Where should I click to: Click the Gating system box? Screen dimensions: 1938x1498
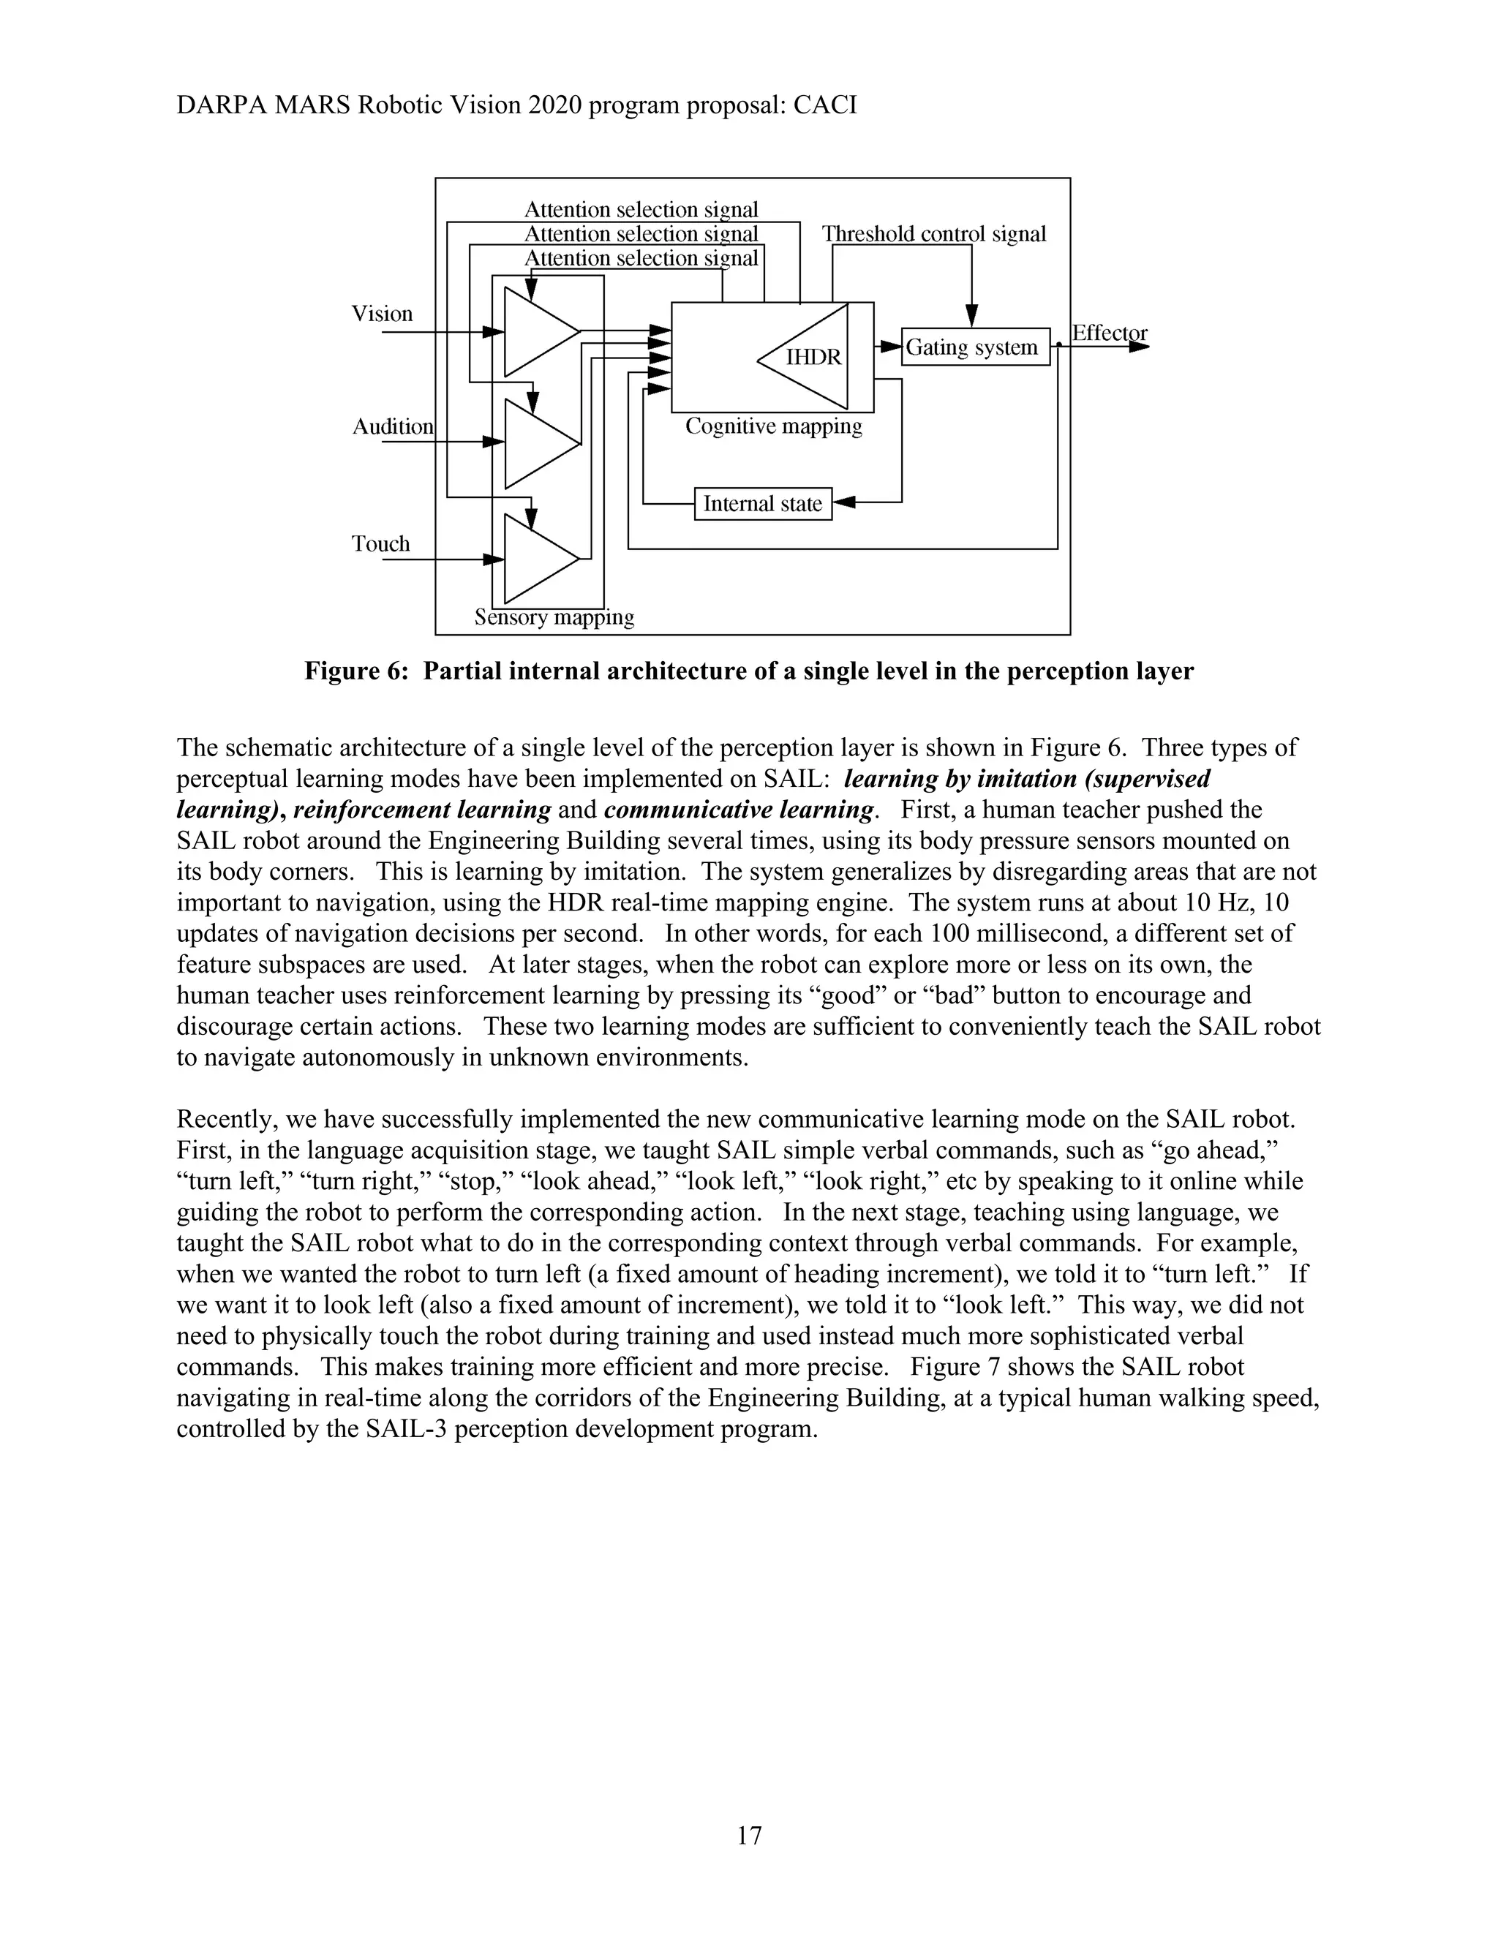tap(974, 347)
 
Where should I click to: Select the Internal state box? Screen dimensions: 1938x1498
tap(762, 504)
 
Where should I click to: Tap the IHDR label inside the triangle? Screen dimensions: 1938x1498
tap(813, 358)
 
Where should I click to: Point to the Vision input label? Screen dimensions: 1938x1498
tap(383, 313)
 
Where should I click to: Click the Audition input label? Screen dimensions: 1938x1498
tap(393, 427)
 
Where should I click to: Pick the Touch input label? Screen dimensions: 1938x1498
tap(380, 544)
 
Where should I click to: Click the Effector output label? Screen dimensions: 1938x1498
tap(1110, 333)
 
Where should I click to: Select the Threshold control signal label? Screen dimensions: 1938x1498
tap(933, 234)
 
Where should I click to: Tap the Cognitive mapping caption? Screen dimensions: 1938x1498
tap(773, 427)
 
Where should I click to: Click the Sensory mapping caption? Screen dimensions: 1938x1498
tap(554, 618)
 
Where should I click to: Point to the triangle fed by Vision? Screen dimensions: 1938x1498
tap(535, 331)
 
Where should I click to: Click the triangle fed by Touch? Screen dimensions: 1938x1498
tap(535, 559)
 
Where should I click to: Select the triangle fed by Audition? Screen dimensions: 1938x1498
tap(535, 444)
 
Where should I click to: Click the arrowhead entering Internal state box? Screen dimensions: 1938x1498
tap(844, 503)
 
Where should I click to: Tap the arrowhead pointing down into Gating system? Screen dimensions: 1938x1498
tap(972, 316)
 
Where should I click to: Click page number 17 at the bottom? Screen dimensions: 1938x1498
tap(749, 1835)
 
